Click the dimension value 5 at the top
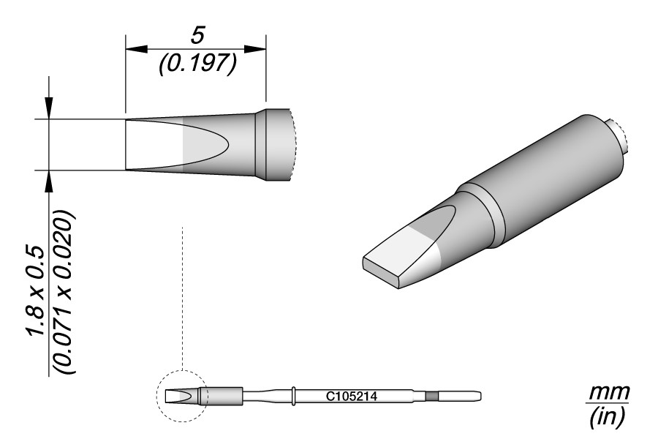[197, 35]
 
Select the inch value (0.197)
[198, 64]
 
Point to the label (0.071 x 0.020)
[64, 293]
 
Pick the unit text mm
[609, 392]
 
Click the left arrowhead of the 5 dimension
[137, 49]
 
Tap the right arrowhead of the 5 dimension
[255, 49]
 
